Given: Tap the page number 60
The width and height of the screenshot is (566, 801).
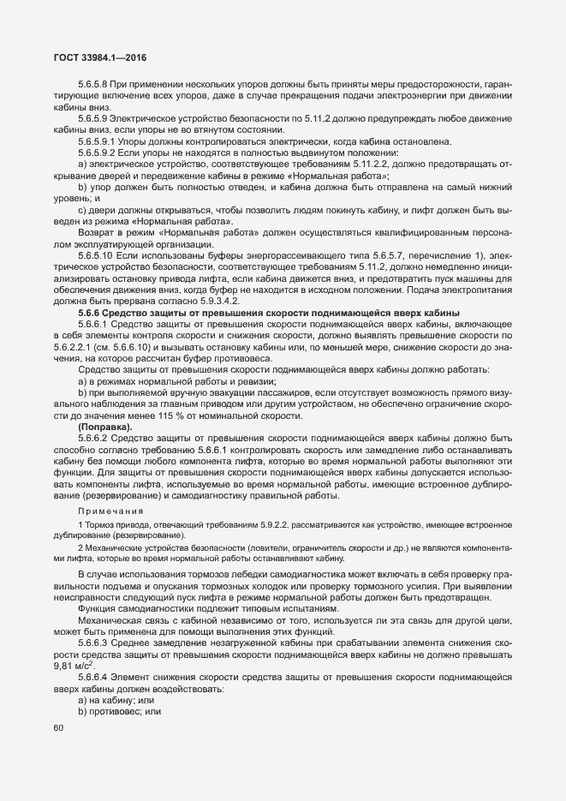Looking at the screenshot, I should (x=58, y=729).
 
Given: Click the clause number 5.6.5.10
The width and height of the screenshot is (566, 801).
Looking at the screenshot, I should (x=96, y=255).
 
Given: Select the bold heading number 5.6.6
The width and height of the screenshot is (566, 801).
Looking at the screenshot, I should (x=92, y=313).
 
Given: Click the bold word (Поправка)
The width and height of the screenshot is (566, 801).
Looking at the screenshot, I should (x=105, y=427).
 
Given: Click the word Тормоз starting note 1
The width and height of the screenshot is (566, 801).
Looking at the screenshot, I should (x=98, y=524).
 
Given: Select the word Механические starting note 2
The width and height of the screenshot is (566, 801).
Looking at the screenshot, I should (x=116, y=547).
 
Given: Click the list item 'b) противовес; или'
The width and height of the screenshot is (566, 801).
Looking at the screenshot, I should (x=119, y=711).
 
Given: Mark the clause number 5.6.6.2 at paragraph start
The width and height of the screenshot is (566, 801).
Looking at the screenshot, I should (x=93, y=439).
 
